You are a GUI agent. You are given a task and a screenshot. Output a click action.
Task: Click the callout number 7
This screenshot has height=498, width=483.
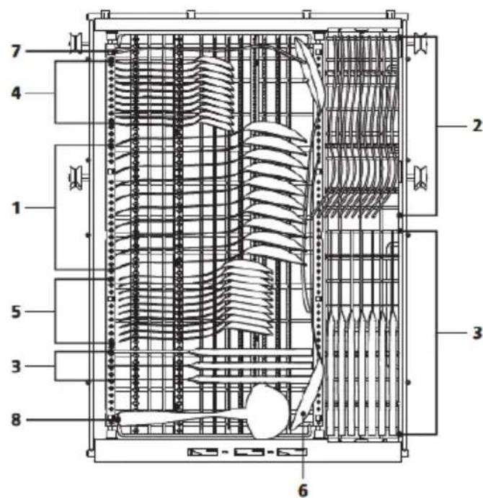pos(16,51)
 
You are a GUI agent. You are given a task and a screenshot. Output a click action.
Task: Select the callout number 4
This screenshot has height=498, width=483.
pos(16,93)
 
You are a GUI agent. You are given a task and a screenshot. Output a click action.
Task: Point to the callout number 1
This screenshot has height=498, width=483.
pos(16,208)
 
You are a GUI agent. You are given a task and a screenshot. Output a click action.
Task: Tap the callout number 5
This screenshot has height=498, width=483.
pos(16,312)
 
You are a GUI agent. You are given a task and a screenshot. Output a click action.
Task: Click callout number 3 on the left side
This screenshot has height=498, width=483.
pos(16,366)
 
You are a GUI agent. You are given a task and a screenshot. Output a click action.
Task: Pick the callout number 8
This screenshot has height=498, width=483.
pos(16,420)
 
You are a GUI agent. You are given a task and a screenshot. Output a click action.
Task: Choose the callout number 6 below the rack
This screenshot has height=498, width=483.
pos(303,490)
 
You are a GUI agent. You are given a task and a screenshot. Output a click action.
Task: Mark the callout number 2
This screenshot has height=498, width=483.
pos(477,126)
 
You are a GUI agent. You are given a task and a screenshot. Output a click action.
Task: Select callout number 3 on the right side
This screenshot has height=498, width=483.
pos(477,333)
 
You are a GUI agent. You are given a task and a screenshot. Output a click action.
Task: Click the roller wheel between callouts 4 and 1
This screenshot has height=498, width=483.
pos(76,177)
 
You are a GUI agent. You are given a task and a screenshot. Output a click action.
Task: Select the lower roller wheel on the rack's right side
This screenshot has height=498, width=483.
pos(420,177)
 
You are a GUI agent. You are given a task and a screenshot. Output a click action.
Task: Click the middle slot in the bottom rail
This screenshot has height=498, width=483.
pos(249,452)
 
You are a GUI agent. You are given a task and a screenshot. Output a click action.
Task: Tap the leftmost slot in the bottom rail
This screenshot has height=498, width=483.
pos(203,452)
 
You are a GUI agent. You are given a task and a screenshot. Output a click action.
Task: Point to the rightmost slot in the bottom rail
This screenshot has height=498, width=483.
pos(292,452)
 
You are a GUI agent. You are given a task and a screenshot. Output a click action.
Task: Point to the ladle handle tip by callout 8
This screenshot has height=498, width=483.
pos(118,420)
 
